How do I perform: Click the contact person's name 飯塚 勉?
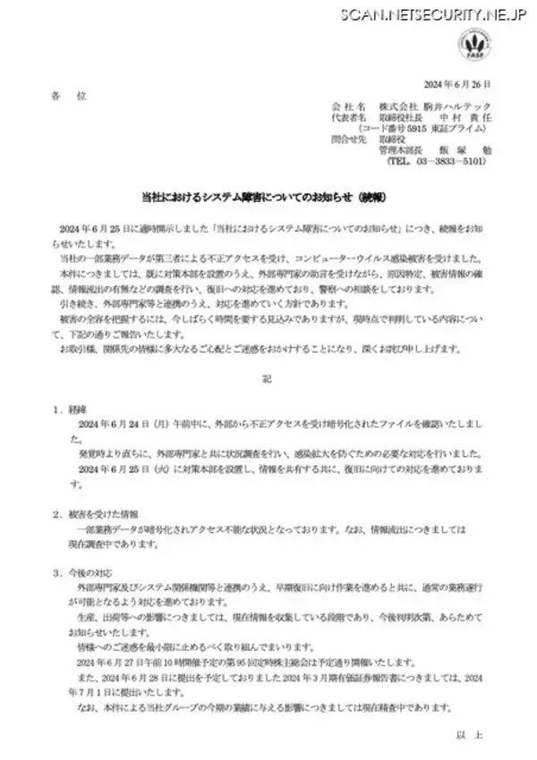click(457, 151)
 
